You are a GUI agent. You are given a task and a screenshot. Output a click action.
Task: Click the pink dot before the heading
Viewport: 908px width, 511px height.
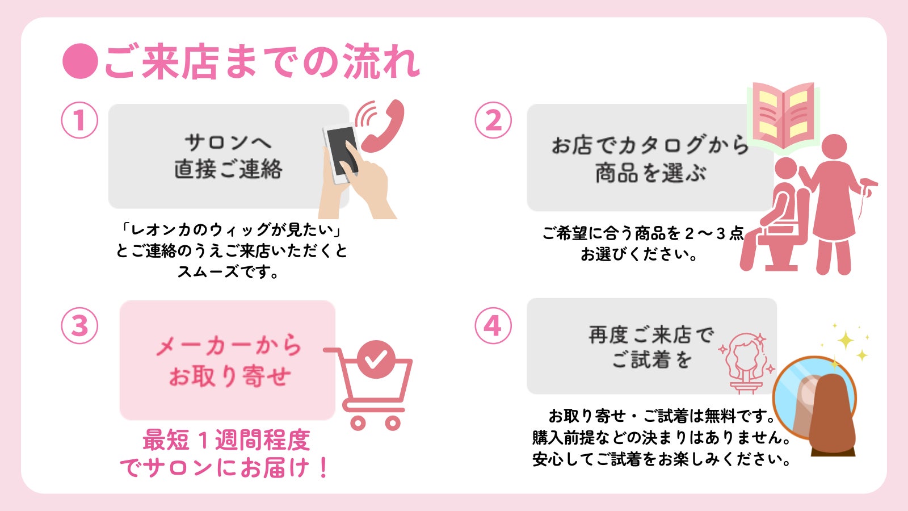pyautogui.click(x=80, y=61)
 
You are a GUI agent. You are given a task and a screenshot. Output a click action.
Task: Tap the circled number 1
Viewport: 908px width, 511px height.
pyautogui.click(x=79, y=120)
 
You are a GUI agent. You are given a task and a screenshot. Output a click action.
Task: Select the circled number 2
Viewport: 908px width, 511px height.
pyautogui.click(x=493, y=120)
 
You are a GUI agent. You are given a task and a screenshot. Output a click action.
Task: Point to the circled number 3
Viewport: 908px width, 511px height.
pyautogui.click(x=79, y=326)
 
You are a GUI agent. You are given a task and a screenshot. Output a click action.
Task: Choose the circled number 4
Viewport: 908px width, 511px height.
pyautogui.click(x=493, y=326)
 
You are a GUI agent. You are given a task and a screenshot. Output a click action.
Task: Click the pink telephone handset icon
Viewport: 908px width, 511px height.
pyautogui.click(x=383, y=128)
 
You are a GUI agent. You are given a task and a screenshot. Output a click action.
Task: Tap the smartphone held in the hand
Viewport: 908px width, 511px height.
pyautogui.click(x=341, y=152)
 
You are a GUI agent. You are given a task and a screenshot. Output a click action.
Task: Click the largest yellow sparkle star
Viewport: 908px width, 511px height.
pyautogui.click(x=846, y=341)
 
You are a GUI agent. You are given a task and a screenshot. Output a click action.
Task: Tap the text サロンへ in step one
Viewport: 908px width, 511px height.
pyautogui.click(x=228, y=142)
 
